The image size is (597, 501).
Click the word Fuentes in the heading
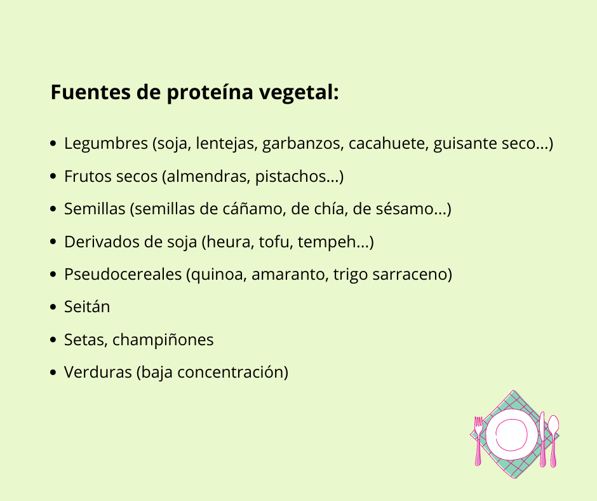pyautogui.click(x=91, y=92)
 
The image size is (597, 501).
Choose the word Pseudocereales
pyautogui.click(x=123, y=275)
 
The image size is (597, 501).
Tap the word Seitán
pyautogui.click(x=87, y=307)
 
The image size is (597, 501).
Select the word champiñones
pyautogui.click(x=163, y=340)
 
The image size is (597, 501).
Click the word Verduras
pyautogui.click(x=98, y=373)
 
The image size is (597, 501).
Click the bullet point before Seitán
pyautogui.click(x=53, y=307)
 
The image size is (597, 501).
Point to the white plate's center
pyautogui.click(x=512, y=436)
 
